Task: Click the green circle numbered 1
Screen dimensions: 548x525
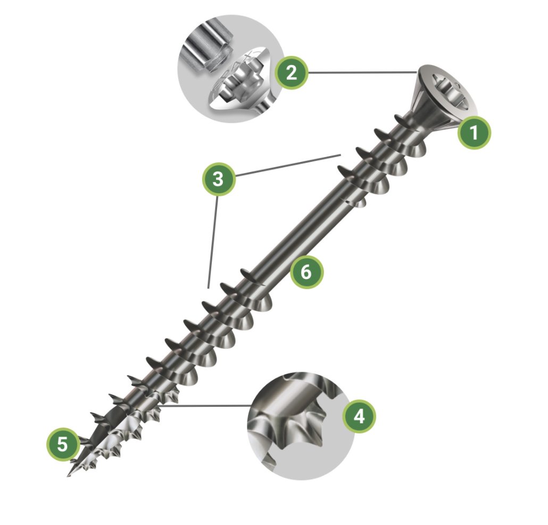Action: click(x=474, y=133)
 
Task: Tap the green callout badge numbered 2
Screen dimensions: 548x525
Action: click(x=291, y=73)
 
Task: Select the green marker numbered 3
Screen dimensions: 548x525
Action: click(x=218, y=179)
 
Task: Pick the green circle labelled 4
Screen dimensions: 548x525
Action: click(x=359, y=416)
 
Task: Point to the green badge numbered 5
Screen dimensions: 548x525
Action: click(x=63, y=445)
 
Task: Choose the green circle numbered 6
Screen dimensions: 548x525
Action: click(x=306, y=272)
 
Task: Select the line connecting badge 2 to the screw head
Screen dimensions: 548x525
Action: click(x=362, y=73)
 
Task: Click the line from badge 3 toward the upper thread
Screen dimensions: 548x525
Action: click(x=288, y=165)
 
